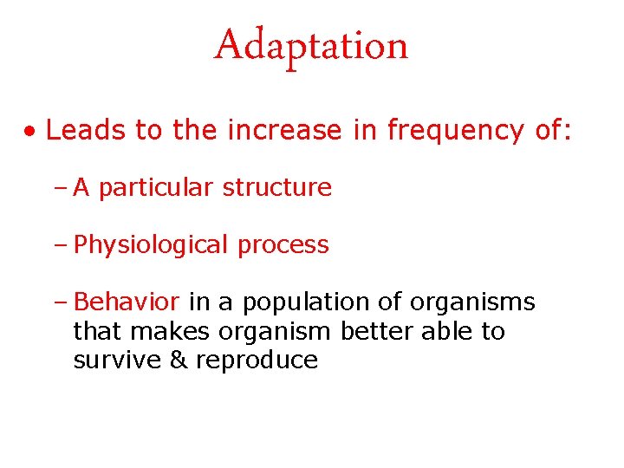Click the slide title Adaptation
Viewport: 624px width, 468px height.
point(311,45)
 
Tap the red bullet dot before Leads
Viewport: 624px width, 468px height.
point(30,132)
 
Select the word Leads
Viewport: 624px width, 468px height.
point(87,130)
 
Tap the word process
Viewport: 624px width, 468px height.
point(283,246)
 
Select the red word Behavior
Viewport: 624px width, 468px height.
point(127,302)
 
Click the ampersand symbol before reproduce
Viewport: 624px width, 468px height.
point(179,360)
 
